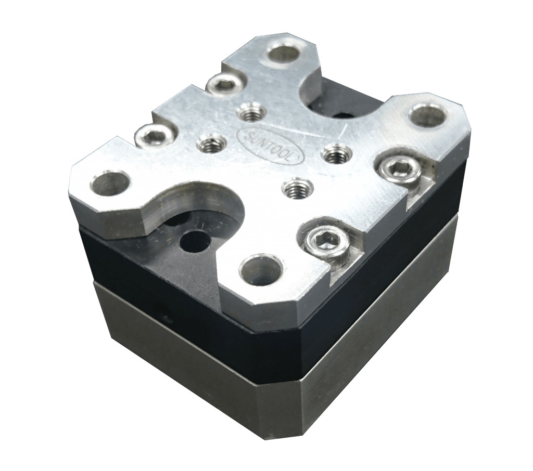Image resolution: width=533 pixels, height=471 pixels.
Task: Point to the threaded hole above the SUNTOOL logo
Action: point(250,113)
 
